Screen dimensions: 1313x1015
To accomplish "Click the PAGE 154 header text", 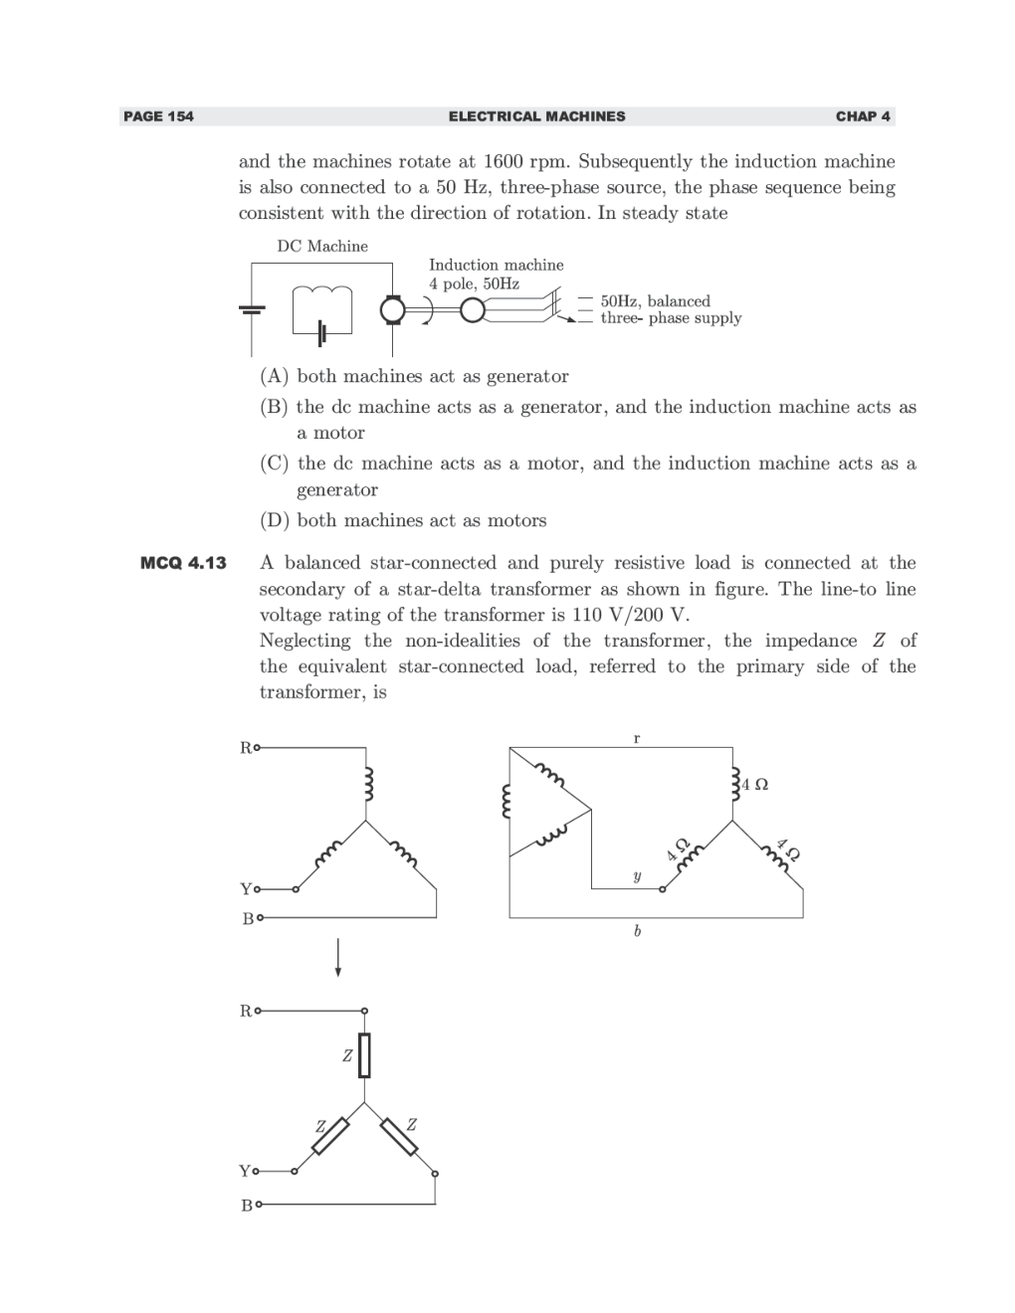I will pyautogui.click(x=158, y=116).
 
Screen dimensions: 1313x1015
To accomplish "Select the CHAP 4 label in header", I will pyautogui.click(x=863, y=116).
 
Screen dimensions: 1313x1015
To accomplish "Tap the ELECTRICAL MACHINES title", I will pyautogui.click(x=536, y=116).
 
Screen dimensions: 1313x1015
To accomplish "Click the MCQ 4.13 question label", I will pyautogui.click(x=183, y=563).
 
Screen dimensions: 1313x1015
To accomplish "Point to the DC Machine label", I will pyautogui.click(x=322, y=246).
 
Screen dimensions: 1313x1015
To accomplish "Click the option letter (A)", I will pyautogui.click(x=275, y=376).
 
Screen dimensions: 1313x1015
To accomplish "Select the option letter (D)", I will pyautogui.click(x=275, y=520).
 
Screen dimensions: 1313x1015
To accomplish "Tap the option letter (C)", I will pyautogui.click(x=275, y=464).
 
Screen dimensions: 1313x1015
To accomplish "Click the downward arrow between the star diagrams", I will pyautogui.click(x=338, y=957).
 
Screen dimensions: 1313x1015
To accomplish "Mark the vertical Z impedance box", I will pyautogui.click(x=364, y=1055).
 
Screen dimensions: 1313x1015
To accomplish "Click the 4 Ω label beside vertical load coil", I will pyautogui.click(x=755, y=785).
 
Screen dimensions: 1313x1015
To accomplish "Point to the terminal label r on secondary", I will pyautogui.click(x=637, y=738).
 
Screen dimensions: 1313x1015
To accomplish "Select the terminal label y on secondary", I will pyautogui.click(x=637, y=876).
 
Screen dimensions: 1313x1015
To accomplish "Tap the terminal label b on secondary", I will pyautogui.click(x=637, y=931).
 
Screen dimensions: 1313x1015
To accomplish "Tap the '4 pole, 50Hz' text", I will pyautogui.click(x=474, y=283).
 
